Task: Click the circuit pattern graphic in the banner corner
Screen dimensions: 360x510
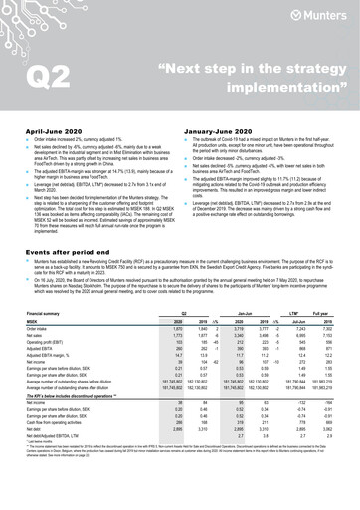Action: point(40,25)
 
